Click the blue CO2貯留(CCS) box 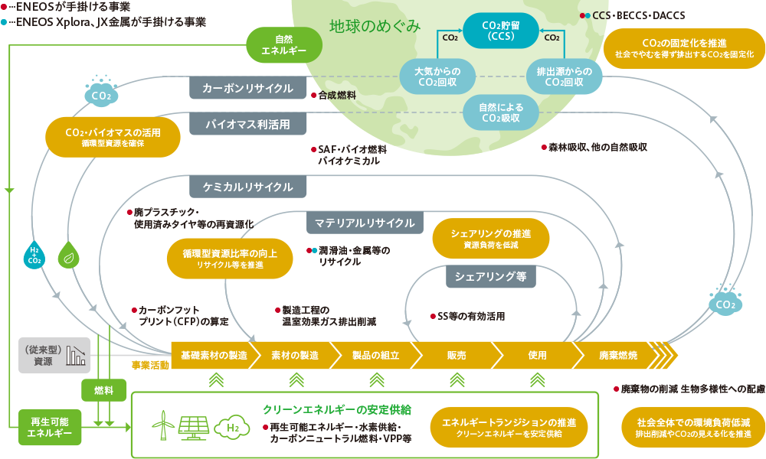coord(501,31)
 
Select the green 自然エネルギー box coord(284,45)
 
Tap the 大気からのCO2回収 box coord(437,76)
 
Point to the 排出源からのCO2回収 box coord(565,76)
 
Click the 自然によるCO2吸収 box coord(501,112)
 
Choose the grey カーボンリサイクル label coord(247,88)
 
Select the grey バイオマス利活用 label coord(247,125)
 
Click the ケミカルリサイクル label coord(247,187)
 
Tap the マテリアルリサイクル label coord(365,223)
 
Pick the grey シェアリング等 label coord(491,277)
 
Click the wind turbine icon coord(164,425)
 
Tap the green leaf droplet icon coord(69,255)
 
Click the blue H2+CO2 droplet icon coord(34,255)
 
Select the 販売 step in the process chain coord(457,355)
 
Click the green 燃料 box coord(103,390)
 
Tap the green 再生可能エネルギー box coord(50,428)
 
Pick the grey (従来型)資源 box coord(54,355)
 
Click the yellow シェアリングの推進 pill coord(491,239)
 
